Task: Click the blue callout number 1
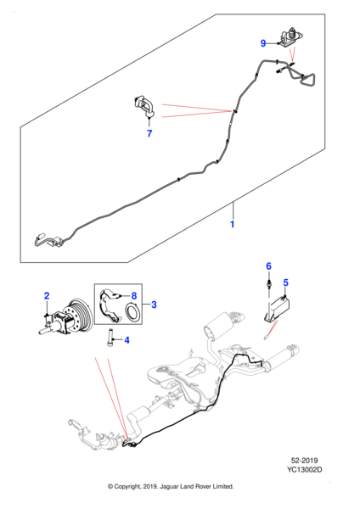233,224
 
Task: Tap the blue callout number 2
47,296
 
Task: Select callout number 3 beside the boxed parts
154,305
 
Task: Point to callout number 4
127,340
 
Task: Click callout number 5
285,282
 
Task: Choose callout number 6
268,266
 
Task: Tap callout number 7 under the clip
149,133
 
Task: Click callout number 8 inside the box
134,296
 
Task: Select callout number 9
263,43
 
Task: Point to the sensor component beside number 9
290,38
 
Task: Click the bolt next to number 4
110,338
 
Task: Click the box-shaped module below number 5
277,310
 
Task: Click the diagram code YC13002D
305,469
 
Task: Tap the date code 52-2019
305,461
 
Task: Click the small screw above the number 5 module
268,282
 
